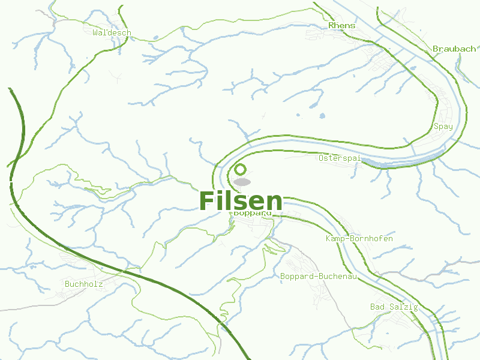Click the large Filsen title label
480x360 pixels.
(240, 200)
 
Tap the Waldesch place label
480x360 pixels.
(112, 32)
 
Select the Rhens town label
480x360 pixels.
(341, 25)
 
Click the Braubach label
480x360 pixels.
(454, 49)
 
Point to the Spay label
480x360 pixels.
(443, 127)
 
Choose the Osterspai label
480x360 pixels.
(340, 158)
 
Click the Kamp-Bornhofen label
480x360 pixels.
(359, 239)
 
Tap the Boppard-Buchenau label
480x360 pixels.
(319, 276)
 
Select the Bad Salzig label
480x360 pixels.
(394, 307)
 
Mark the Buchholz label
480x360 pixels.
(83, 283)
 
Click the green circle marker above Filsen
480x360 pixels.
(241, 170)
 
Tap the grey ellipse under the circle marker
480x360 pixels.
(242, 181)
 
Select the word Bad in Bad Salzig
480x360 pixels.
(377, 307)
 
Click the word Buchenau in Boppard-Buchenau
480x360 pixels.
(338, 276)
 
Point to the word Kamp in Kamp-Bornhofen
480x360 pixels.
(335, 239)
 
